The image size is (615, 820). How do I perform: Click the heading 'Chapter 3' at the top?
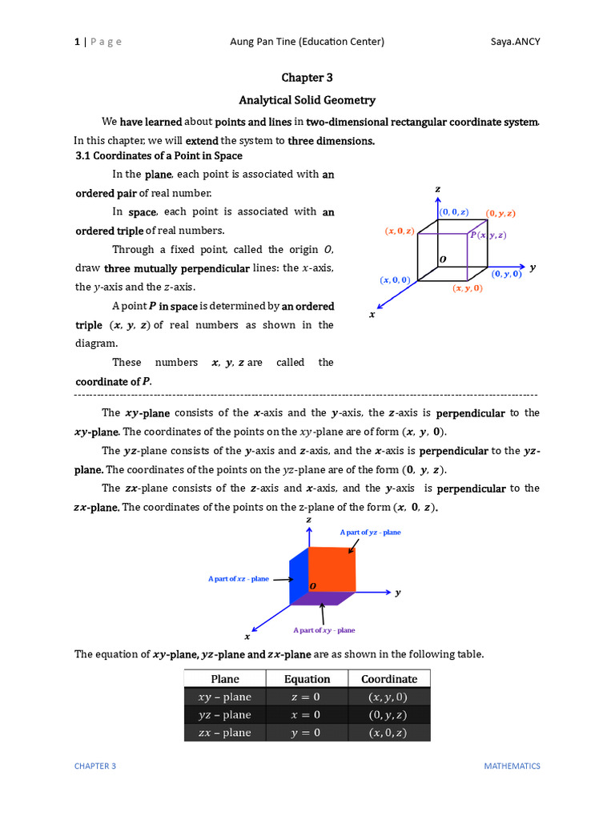[307, 78]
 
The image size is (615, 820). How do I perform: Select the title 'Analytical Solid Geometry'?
[307, 100]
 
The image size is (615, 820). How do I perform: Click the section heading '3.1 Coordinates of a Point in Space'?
[159, 155]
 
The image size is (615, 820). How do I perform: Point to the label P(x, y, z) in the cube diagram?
[488, 235]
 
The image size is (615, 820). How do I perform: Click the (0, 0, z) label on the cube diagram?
[454, 212]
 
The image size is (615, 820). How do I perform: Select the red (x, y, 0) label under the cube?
[467, 288]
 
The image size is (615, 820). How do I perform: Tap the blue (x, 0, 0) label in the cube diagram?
[396, 279]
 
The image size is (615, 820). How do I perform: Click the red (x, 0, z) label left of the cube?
[400, 231]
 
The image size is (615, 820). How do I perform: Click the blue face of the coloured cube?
[297, 578]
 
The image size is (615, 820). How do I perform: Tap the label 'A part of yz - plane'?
[370, 533]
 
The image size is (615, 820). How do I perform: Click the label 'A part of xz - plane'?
[239, 578]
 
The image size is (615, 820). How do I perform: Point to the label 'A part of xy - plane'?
[324, 630]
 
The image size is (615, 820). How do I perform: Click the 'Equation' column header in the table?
[307, 679]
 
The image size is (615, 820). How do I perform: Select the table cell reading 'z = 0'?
[306, 697]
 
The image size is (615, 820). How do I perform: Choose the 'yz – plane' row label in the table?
[225, 715]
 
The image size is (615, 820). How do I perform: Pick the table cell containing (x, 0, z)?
[388, 733]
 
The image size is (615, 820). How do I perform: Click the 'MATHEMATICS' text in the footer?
[512, 766]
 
